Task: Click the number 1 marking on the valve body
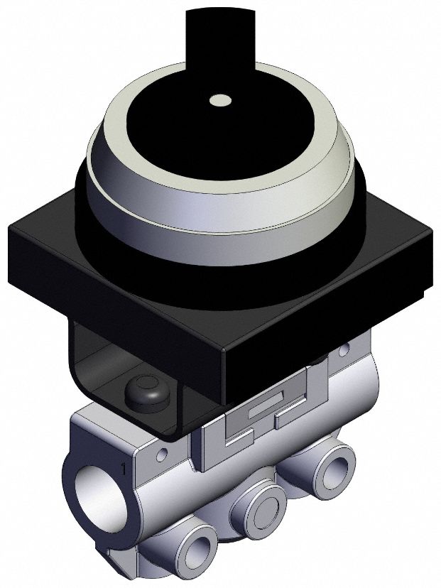pos(124,469)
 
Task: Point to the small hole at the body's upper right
pos(345,350)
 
